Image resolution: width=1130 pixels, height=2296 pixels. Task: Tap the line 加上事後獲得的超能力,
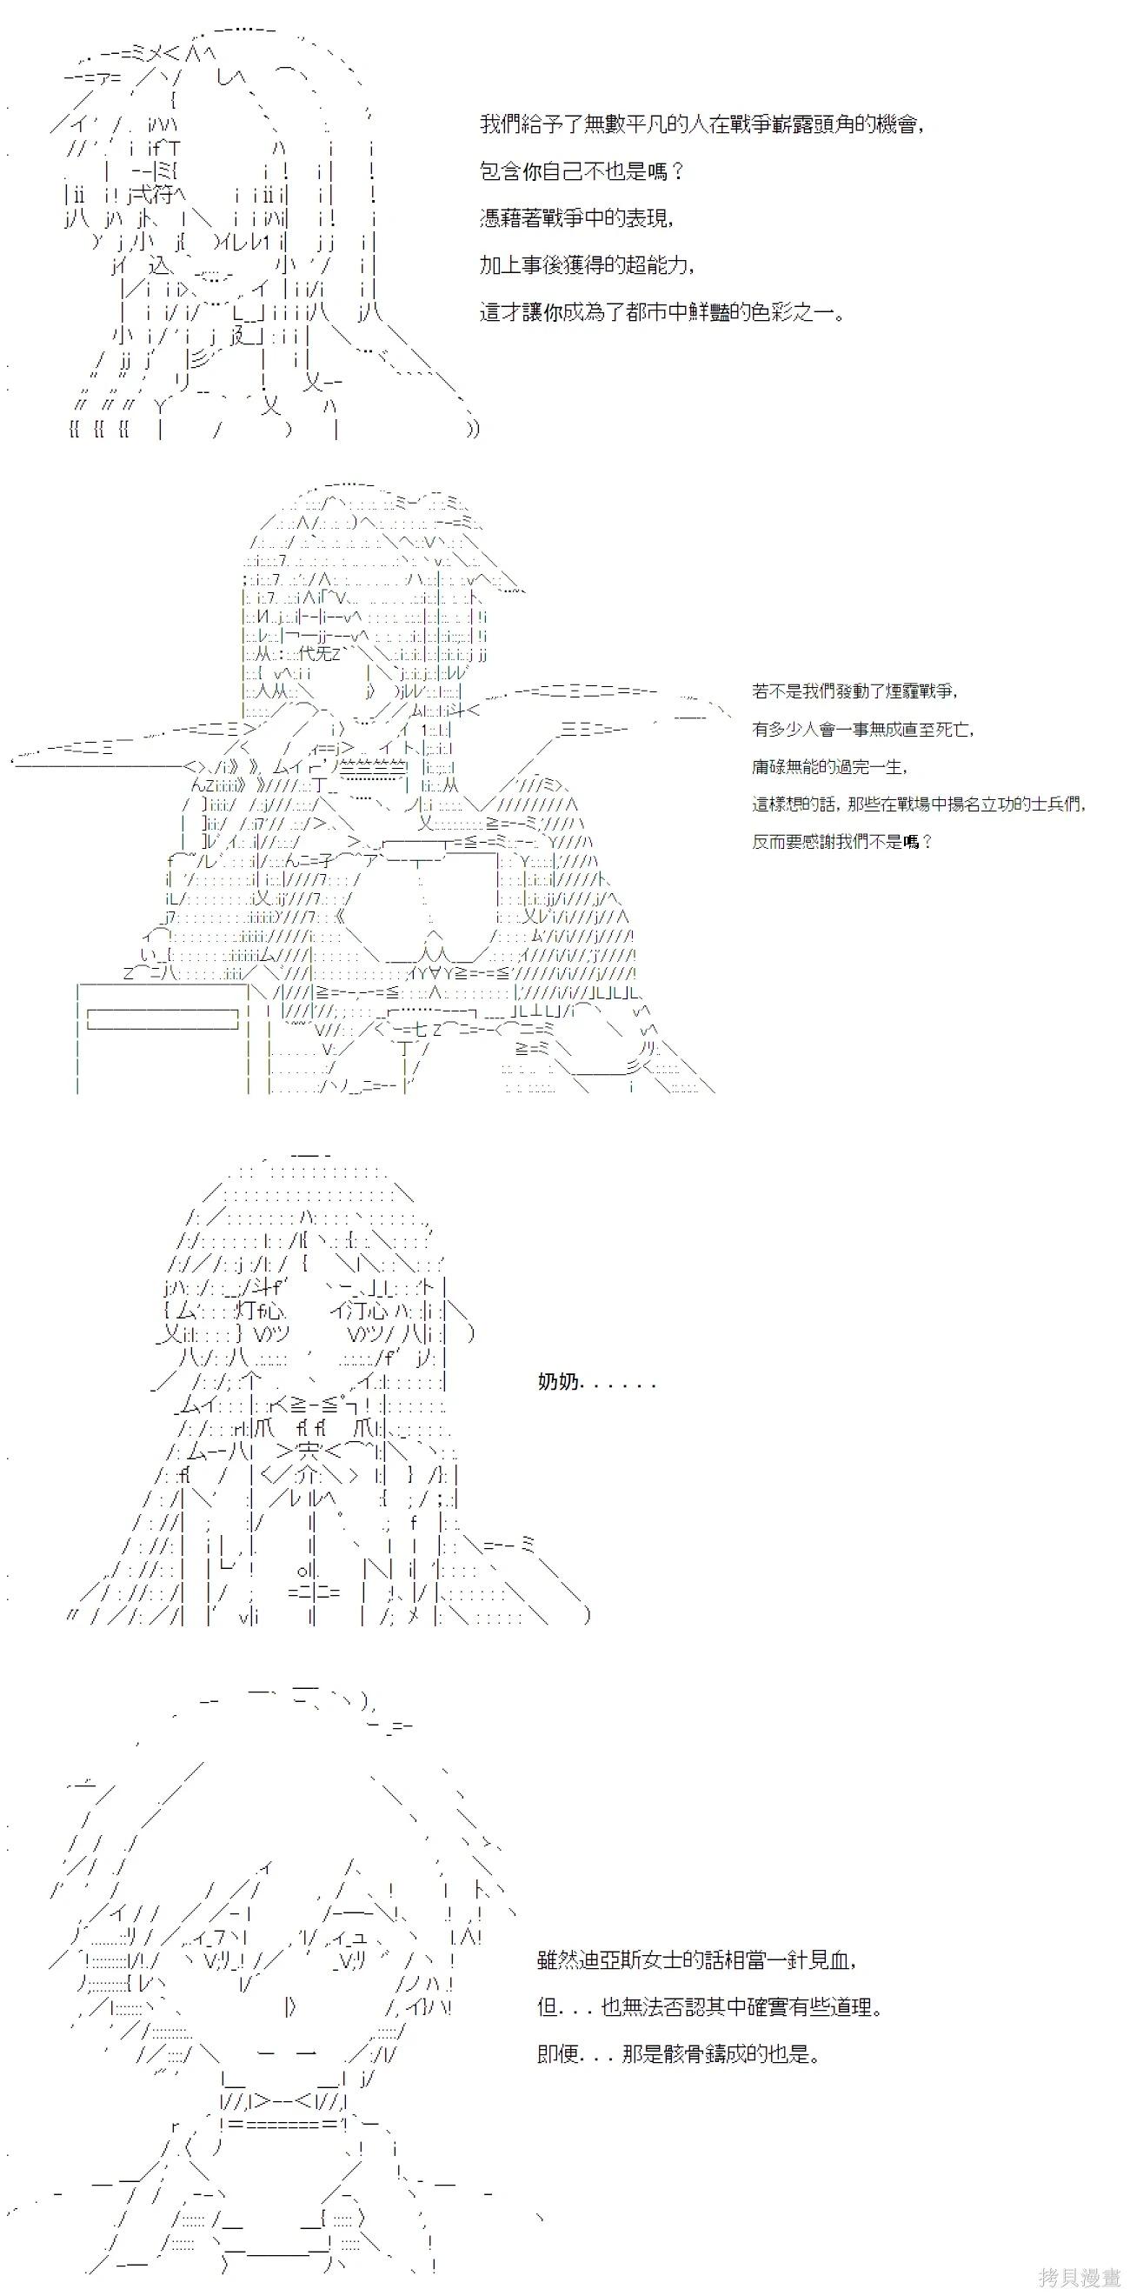coord(588,265)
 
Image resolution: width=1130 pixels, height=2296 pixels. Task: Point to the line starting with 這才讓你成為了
coord(662,313)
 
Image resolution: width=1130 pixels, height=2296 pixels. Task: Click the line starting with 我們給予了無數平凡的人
coord(701,123)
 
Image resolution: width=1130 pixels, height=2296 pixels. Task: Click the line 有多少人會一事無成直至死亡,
coord(862,729)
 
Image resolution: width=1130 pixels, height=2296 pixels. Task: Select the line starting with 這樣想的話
coord(919,804)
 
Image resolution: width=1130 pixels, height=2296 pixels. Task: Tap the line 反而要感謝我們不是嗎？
coord(842,841)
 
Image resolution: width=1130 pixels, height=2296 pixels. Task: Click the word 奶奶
coord(559,1383)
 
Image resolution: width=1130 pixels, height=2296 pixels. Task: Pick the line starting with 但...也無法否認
coord(710,2007)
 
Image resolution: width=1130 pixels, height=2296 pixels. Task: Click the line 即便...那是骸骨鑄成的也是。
coord(679,2054)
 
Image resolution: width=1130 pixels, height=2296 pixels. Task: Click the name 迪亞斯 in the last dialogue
coord(612,1960)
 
